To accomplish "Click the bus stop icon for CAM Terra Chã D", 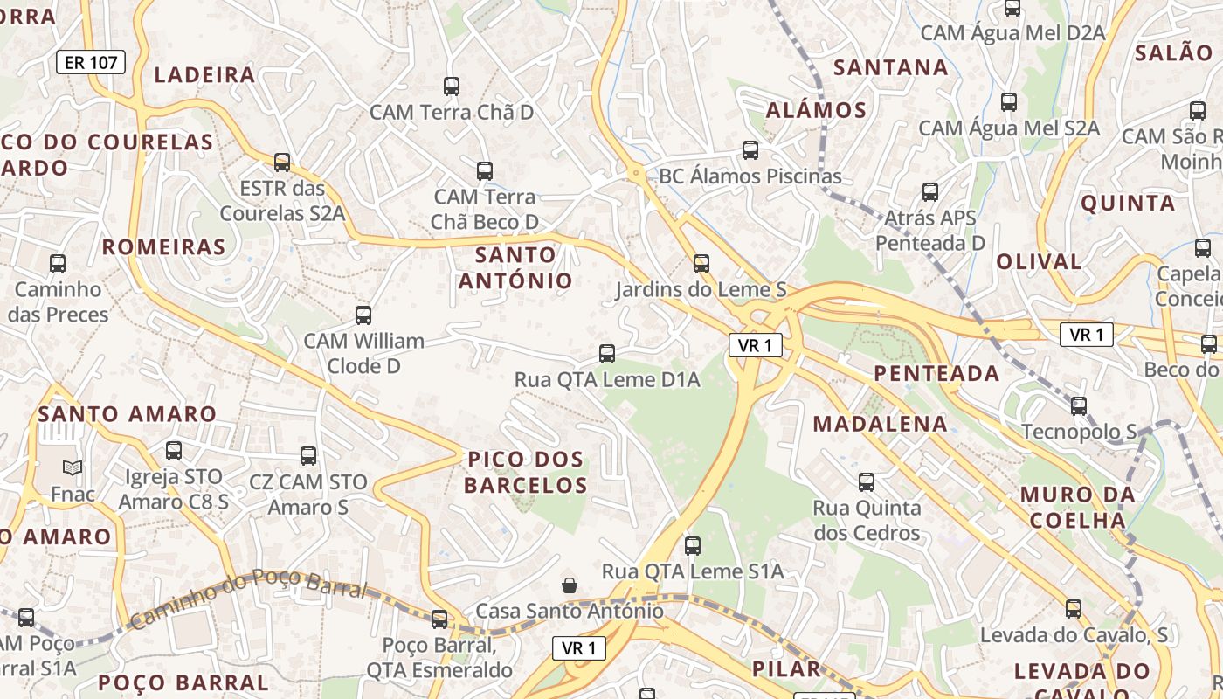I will [x=452, y=87].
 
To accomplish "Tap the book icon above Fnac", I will [x=73, y=468].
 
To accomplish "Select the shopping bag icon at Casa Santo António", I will [x=570, y=585].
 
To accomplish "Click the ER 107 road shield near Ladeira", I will [x=91, y=62].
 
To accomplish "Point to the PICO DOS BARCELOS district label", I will [x=525, y=472].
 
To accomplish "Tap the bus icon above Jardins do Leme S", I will [x=701, y=263].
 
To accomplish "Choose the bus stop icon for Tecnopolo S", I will [x=1079, y=405].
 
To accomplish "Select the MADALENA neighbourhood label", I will [x=880, y=424].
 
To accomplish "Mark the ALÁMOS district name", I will [x=816, y=110].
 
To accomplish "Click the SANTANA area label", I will [x=890, y=67].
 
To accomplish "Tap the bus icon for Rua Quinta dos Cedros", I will [x=867, y=481].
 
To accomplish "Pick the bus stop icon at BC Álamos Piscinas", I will [x=750, y=149].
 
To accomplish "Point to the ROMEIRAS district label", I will [x=164, y=247].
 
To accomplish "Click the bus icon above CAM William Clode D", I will [x=363, y=315].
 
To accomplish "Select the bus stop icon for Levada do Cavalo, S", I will [x=1074, y=608].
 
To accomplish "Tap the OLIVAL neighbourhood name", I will [x=1039, y=261].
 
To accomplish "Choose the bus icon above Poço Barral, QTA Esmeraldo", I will [x=439, y=619].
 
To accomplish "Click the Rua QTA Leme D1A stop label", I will [x=607, y=380].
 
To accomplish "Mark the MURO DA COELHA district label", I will [x=1078, y=508].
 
